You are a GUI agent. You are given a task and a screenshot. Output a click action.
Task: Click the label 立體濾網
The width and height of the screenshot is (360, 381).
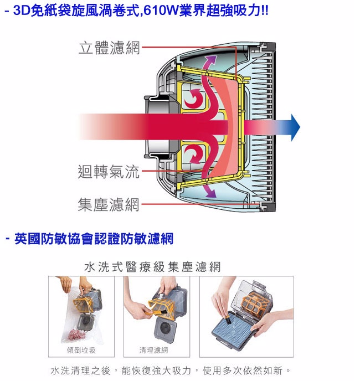[109, 48]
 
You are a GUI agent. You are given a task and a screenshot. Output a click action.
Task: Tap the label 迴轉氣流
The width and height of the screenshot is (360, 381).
[109, 172]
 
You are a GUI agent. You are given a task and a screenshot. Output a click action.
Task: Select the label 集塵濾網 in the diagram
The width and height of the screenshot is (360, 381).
[109, 204]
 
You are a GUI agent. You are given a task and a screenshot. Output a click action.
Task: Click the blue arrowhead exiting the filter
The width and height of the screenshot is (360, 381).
[295, 127]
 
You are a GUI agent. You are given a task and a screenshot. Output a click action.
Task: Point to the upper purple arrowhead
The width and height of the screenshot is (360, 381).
[211, 60]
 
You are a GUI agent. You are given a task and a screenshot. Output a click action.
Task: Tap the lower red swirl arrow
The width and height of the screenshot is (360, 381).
[193, 153]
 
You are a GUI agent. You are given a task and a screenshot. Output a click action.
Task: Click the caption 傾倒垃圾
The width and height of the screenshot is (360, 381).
[81, 350]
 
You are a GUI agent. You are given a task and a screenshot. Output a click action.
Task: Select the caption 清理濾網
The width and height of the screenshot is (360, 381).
[153, 350]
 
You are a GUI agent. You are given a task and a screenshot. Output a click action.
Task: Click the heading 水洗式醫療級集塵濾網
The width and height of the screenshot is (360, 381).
[152, 267]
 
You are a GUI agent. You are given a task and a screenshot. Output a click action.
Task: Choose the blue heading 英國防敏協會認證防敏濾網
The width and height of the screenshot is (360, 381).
[94, 239]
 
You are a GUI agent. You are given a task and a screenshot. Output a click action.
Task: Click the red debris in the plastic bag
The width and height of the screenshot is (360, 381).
[76, 335]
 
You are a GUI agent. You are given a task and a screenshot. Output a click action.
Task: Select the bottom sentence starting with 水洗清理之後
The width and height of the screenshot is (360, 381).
[171, 370]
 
